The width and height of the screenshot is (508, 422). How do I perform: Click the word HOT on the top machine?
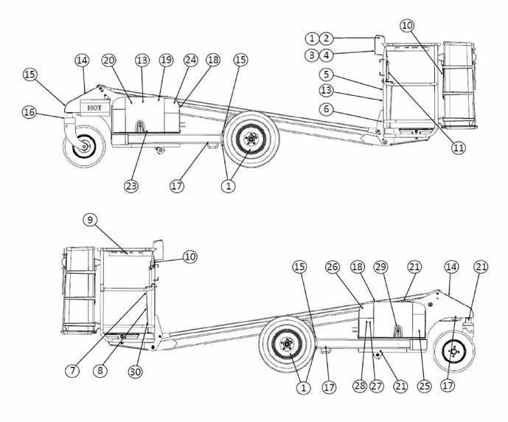coord(94,108)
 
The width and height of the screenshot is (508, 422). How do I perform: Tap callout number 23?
coord(131,186)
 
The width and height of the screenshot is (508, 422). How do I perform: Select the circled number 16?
coord(29,112)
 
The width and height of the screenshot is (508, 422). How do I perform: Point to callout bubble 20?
coord(109,60)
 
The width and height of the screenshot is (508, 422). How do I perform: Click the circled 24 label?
coord(191,60)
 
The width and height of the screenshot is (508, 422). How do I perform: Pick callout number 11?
coord(458,148)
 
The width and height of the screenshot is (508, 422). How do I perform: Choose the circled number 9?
coord(90,220)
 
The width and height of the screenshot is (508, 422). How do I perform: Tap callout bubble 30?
coord(136,371)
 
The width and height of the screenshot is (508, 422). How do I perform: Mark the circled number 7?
coord(72,370)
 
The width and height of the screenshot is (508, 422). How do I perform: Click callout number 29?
coord(381,267)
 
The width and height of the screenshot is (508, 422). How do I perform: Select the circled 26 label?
coord(333,267)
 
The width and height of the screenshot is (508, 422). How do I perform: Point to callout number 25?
coord(424,386)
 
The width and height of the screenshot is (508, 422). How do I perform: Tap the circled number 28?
coord(360,386)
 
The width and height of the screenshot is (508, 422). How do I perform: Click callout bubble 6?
coord(326,109)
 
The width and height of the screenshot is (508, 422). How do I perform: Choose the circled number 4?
coord(326,55)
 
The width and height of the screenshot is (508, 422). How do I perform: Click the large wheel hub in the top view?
coord(251,139)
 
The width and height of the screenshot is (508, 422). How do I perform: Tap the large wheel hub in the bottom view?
coord(287,345)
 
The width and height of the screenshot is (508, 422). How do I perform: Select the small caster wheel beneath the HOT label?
coord(84,147)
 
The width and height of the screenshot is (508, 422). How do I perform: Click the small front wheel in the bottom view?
coord(454,351)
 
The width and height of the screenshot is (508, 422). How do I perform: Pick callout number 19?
coord(166,60)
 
